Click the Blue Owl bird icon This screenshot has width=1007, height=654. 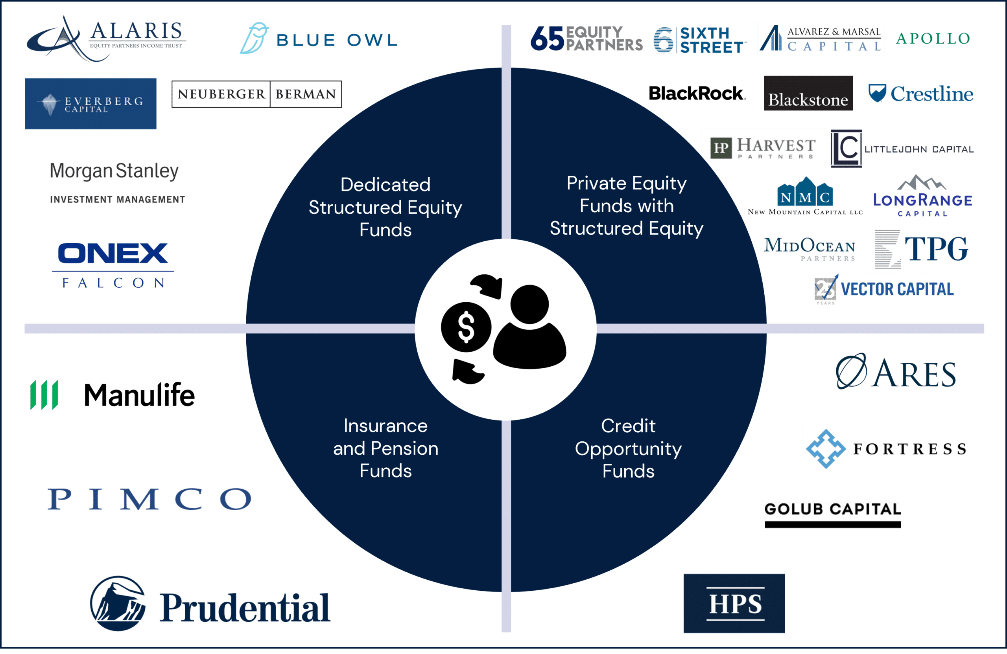254,38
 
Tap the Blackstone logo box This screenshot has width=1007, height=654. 808,94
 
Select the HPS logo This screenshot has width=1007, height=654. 734,603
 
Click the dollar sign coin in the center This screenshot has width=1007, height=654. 466,327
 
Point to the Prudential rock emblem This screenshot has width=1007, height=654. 118,604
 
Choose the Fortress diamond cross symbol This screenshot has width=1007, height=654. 826,449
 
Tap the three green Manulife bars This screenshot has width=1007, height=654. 44,395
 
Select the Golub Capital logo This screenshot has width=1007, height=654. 832,514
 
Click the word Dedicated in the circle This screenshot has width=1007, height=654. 385,185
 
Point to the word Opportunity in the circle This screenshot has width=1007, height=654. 628,449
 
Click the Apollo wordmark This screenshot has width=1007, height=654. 933,39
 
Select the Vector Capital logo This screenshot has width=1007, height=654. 884,289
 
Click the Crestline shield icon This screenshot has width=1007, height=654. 877,93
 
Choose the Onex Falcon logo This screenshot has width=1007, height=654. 113,265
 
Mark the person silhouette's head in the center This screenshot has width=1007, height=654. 529,304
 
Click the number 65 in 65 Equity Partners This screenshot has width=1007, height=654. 547,39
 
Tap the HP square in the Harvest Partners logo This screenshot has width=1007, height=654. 721,148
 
